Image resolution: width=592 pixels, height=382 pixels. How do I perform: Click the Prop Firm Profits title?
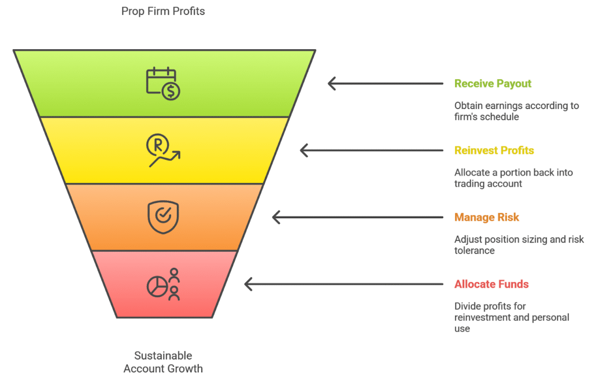click(163, 11)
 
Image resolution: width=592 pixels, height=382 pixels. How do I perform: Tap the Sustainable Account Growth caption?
click(163, 362)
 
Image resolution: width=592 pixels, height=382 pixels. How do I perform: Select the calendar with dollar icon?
click(162, 84)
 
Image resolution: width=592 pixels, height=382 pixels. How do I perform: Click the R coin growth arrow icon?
click(163, 150)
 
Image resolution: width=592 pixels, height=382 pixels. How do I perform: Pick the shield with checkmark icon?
click(163, 217)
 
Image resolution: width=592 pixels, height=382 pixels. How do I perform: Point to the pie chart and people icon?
click(163, 284)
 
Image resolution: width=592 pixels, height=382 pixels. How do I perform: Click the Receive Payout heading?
click(493, 83)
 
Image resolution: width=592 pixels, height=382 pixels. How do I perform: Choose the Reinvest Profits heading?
click(494, 150)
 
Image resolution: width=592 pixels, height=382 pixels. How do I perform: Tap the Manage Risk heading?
click(486, 218)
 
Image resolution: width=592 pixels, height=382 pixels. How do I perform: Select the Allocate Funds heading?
click(491, 284)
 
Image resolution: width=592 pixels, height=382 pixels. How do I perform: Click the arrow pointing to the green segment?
click(385, 83)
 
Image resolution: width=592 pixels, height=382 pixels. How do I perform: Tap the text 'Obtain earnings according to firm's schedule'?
click(516, 111)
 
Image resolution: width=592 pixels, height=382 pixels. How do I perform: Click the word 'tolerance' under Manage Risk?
click(475, 251)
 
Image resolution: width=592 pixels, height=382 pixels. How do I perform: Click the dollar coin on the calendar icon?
click(171, 91)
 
